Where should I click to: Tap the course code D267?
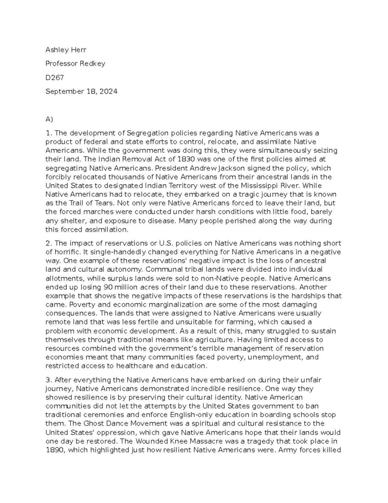(x=55, y=77)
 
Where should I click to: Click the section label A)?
(x=49, y=120)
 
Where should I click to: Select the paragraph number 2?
(x=48, y=243)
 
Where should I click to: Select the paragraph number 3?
(x=48, y=380)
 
